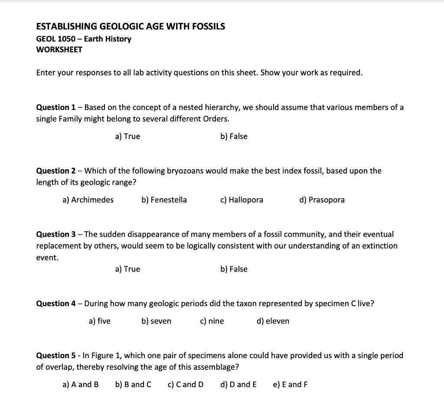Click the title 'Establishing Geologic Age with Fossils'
point(131,26)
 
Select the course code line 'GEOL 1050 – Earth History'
point(84,39)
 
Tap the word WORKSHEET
point(59,49)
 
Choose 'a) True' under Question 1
point(127,136)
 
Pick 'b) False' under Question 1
point(234,136)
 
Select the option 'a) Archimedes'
point(88,200)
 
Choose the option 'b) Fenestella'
point(164,200)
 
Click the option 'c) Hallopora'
point(242,200)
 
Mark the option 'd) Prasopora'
point(322,200)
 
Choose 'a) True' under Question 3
point(127,269)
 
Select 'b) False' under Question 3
point(234,269)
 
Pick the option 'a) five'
point(99,321)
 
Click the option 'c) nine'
point(212,321)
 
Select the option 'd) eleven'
point(273,321)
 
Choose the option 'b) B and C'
point(133,385)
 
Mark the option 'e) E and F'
point(290,385)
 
